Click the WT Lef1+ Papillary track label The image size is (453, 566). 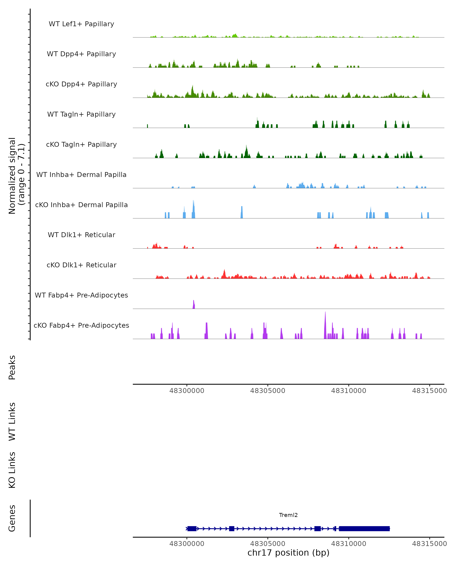81,24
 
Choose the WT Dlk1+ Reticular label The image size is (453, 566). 81,235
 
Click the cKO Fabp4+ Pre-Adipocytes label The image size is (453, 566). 81,325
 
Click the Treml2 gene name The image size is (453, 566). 288,515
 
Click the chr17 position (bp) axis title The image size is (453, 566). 288,553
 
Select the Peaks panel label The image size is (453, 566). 12,367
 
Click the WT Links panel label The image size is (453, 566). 12,421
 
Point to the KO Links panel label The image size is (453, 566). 12,470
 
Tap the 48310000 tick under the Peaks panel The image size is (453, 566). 348,391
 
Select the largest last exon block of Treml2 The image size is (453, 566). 364,528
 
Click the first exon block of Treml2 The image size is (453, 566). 192,528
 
